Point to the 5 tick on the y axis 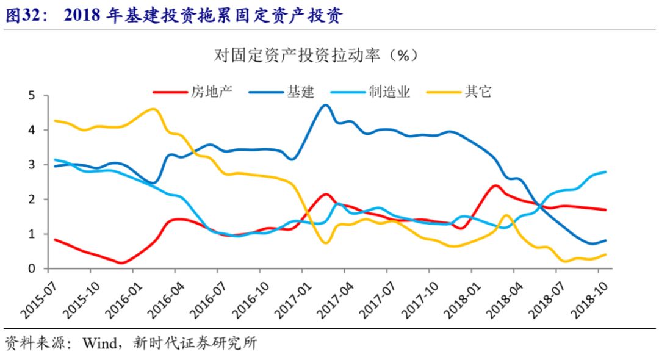coord(32,96)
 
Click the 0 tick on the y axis coord(32,268)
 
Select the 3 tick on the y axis coord(32,165)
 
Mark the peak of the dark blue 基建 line coord(325,105)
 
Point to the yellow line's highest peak coord(153,109)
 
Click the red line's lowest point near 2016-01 coord(122,263)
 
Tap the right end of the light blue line coord(605,172)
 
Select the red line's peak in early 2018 coord(495,185)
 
